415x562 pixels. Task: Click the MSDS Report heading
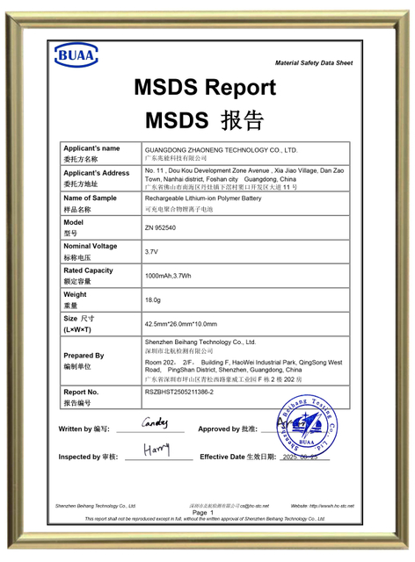(205, 88)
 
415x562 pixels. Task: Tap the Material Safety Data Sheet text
(313, 63)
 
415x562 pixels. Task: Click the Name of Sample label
(90, 198)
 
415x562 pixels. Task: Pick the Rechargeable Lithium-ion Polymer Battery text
(203, 199)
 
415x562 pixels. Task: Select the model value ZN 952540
(160, 227)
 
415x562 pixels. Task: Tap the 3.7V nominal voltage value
(150, 252)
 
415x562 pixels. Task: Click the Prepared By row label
(84, 356)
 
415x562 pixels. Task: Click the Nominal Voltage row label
(90, 247)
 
